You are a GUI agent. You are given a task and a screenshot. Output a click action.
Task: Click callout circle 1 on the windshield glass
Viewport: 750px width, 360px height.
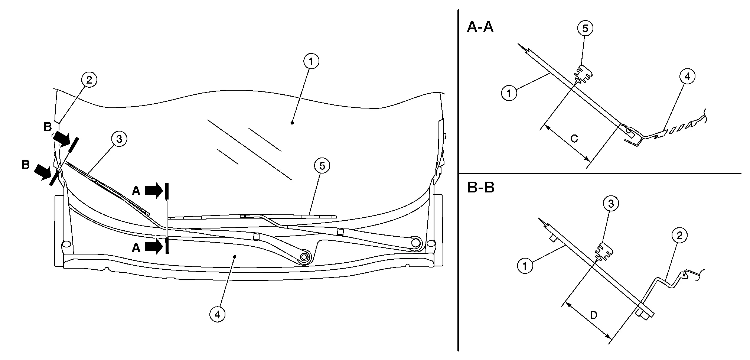coord(311,62)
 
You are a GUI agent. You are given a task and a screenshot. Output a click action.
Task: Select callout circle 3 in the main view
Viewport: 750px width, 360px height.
coord(119,139)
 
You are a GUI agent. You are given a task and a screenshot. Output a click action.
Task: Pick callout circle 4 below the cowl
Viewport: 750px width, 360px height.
coord(217,314)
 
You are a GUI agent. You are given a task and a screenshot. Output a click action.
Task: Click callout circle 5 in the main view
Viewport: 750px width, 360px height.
coord(322,166)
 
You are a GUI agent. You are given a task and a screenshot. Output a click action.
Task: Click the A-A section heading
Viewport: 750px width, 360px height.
coord(480,27)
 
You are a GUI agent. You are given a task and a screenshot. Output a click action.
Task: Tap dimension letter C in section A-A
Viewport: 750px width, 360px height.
coord(574,139)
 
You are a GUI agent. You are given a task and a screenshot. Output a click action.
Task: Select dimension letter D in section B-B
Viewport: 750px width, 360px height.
coord(594,315)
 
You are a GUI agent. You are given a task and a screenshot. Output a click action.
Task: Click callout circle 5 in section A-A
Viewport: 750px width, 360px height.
coord(585,29)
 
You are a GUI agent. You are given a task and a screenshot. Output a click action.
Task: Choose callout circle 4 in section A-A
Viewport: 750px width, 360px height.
coord(687,77)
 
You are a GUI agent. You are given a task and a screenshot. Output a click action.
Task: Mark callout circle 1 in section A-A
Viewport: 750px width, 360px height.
coord(509,93)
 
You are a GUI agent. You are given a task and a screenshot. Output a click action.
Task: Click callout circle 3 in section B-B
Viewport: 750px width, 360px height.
coord(611,204)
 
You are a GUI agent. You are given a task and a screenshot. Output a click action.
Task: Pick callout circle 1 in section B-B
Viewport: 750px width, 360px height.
coord(525,266)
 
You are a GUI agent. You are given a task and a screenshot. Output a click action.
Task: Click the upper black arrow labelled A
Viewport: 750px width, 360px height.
coord(153,191)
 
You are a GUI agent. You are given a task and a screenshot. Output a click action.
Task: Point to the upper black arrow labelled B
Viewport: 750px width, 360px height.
coord(61,139)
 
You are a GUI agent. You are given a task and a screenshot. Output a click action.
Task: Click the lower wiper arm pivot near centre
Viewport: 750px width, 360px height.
coord(304,257)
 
